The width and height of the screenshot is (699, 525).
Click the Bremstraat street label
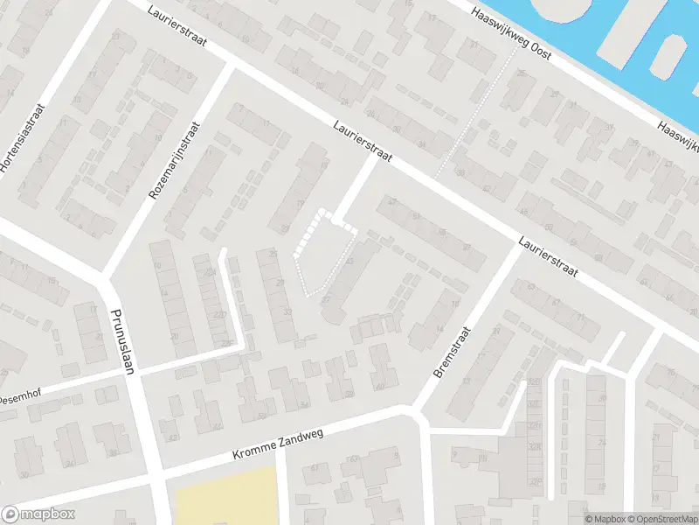click(x=452, y=353)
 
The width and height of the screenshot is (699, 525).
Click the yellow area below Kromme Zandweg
click(x=226, y=497)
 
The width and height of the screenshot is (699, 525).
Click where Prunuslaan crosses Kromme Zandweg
click(x=155, y=473)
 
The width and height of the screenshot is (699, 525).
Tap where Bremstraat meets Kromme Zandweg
click(x=414, y=412)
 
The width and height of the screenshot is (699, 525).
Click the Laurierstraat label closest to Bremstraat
click(x=548, y=259)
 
